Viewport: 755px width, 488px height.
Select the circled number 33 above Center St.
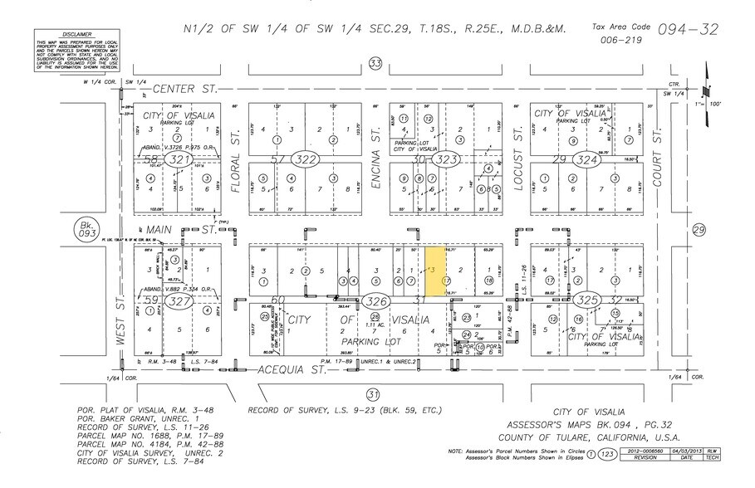coord(375,64)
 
